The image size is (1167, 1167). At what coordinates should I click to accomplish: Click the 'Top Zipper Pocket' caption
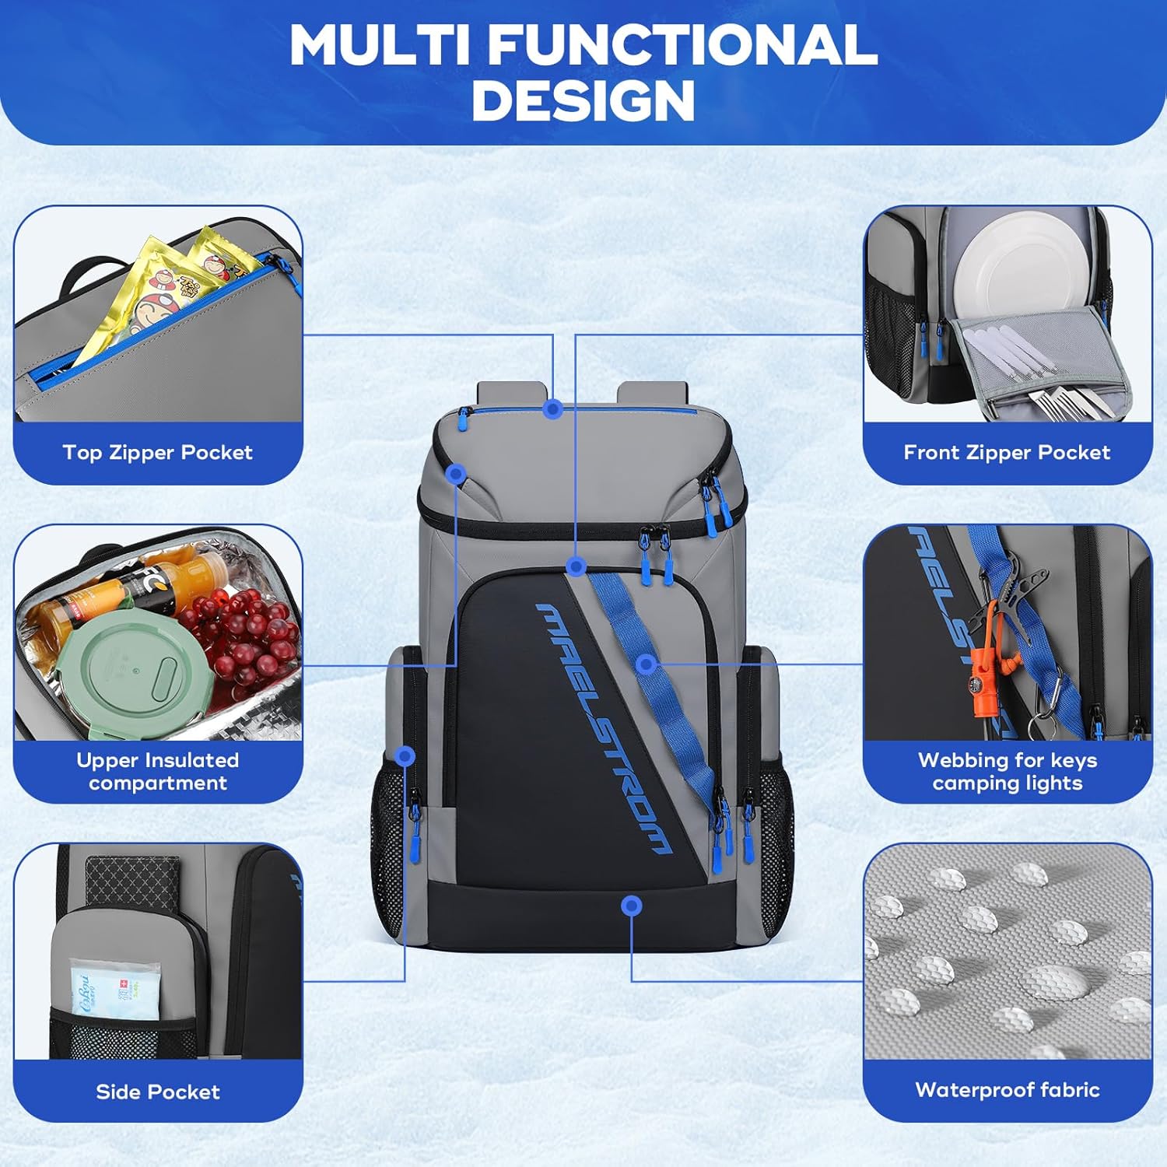tap(158, 453)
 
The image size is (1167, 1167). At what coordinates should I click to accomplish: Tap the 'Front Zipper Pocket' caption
tap(1007, 453)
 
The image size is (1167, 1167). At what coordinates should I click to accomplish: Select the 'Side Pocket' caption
tap(158, 1092)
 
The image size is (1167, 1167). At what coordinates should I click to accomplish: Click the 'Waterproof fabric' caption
tap(1008, 1090)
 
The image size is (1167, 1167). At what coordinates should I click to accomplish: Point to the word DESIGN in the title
tap(583, 100)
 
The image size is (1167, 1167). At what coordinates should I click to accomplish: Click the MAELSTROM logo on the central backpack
tap(602, 728)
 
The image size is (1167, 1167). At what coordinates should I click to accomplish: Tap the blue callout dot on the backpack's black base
tap(632, 906)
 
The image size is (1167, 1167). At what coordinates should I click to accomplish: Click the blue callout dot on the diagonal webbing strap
tap(646, 664)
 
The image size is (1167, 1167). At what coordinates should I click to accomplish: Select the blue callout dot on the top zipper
tap(553, 408)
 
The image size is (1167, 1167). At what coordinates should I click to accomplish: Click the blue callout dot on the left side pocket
tap(405, 755)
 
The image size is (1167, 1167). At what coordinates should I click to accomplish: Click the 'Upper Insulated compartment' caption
tap(158, 772)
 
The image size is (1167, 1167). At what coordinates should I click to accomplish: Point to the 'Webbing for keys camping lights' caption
tap(1008, 772)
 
